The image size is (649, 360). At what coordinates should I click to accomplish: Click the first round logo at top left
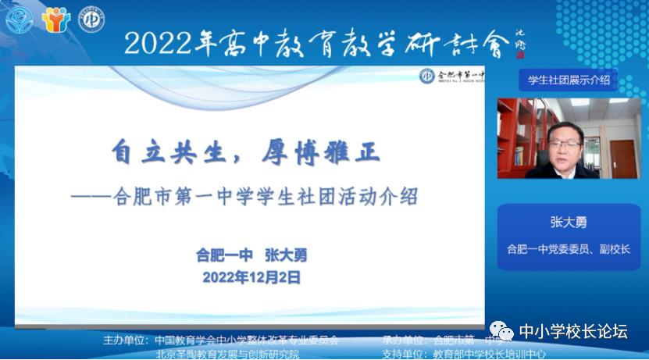(20, 20)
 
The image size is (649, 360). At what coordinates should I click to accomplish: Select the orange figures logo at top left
(55, 20)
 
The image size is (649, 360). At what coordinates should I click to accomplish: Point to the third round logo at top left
(91, 20)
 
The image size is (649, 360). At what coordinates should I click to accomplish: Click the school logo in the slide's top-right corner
(427, 76)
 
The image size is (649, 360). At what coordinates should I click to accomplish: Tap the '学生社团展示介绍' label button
(568, 79)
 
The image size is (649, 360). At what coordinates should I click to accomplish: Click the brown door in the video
(622, 156)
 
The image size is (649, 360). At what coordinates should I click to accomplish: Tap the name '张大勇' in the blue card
(568, 222)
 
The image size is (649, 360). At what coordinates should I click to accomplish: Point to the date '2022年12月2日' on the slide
(251, 276)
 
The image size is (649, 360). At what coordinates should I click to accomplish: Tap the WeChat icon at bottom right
(501, 331)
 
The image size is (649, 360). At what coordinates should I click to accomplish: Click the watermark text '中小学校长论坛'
(573, 331)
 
